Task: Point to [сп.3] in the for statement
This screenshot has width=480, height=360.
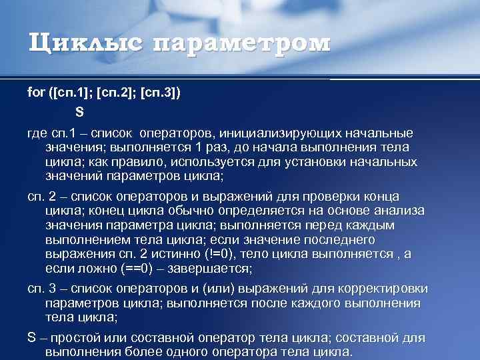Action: click(x=167, y=93)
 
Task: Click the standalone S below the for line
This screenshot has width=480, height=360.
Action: click(x=79, y=111)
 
